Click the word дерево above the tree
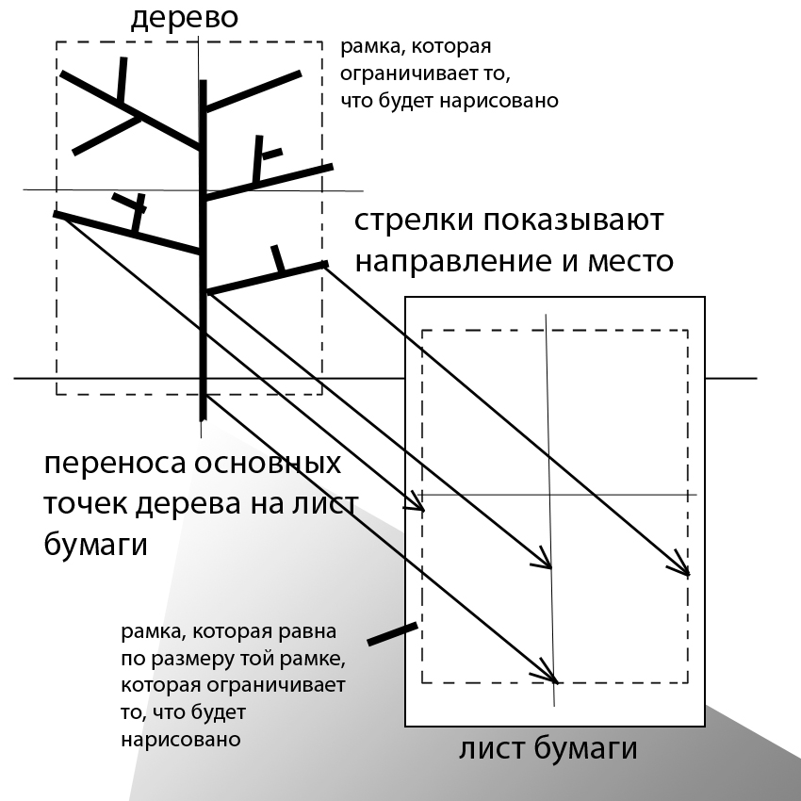click(x=185, y=17)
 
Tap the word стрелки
click(x=414, y=221)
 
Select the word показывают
click(x=572, y=221)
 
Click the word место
click(x=630, y=262)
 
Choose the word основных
click(x=268, y=464)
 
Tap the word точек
click(x=86, y=505)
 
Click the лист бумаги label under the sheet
click(x=548, y=749)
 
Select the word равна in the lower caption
click(x=307, y=632)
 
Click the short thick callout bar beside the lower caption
click(x=392, y=633)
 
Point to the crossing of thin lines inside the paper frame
click(x=549, y=495)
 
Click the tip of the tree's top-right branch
click(x=301, y=74)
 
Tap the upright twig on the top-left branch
click(x=122, y=79)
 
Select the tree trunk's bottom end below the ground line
click(x=203, y=420)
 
